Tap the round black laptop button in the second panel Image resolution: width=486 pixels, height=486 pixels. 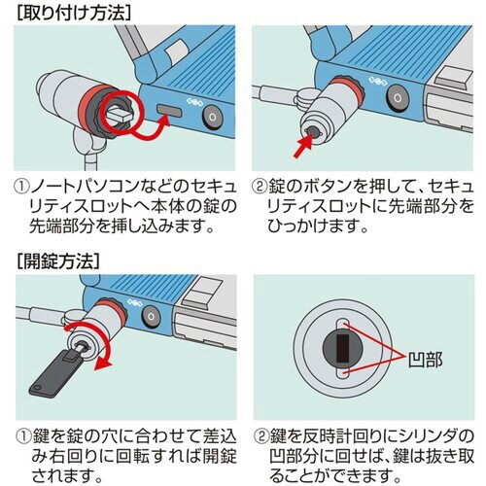tap(398, 100)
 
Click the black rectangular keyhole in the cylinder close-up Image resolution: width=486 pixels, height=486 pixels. tap(340, 345)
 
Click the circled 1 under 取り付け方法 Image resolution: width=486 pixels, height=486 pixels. tap(21, 186)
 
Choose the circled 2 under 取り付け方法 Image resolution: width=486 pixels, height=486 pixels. tap(261, 186)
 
